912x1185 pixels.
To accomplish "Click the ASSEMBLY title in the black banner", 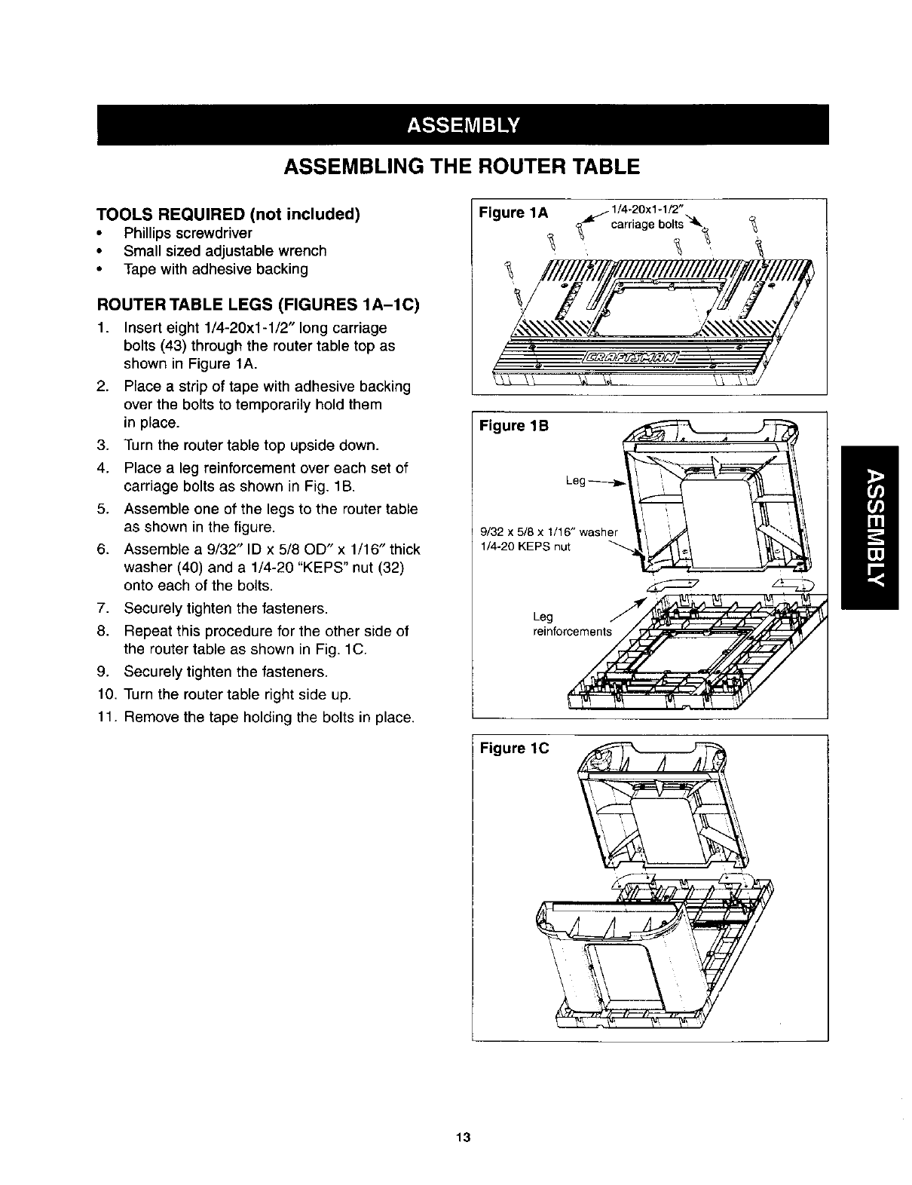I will [462, 124].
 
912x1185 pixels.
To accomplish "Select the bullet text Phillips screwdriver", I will [188, 233].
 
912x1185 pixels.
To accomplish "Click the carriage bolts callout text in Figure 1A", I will [647, 225].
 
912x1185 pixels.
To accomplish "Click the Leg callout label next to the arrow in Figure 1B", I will [576, 480].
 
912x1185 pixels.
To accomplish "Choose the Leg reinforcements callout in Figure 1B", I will [573, 625].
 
